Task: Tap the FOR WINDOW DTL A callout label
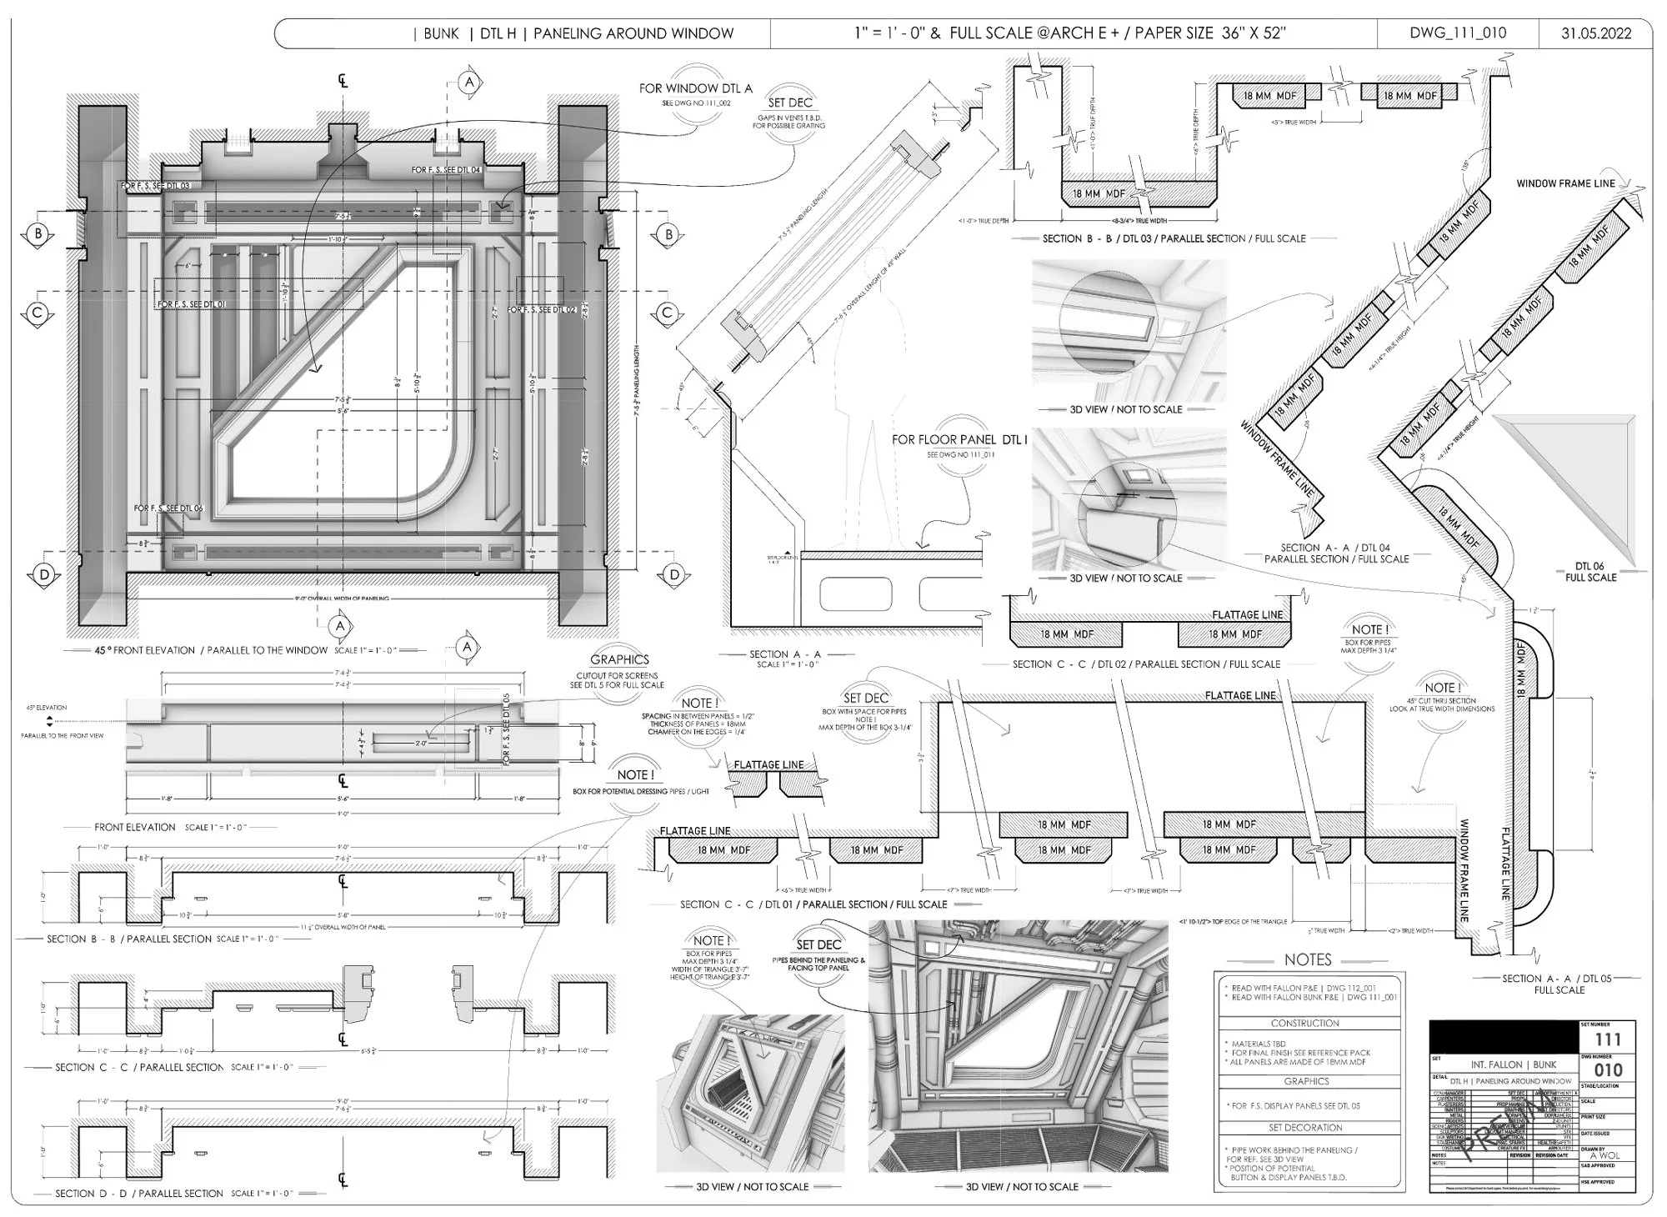[695, 88]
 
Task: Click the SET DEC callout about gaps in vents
[790, 103]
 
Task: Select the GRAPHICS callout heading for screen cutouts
[619, 659]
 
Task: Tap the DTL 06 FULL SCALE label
[1590, 572]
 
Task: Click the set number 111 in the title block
[1607, 1039]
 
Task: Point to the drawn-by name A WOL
[1604, 1155]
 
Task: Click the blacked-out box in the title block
[1503, 1038]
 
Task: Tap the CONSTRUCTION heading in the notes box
[1305, 1023]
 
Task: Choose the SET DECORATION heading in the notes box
[1305, 1128]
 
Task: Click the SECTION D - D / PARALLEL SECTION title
[139, 1193]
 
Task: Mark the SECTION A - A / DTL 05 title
[1559, 984]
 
